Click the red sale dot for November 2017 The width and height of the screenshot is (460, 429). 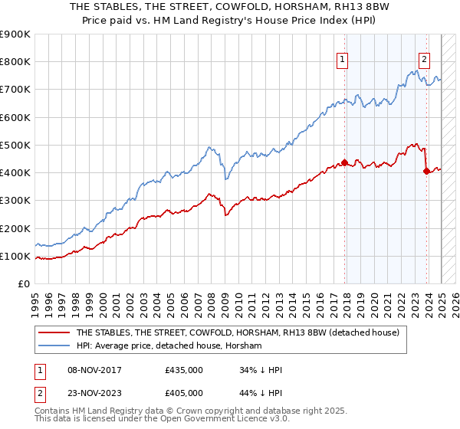pyautogui.click(x=345, y=162)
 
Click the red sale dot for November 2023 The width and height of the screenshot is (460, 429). pyautogui.click(x=426, y=171)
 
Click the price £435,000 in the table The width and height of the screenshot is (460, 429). pyautogui.click(x=184, y=369)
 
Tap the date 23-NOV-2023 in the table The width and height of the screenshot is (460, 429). pyautogui.click(x=96, y=392)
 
